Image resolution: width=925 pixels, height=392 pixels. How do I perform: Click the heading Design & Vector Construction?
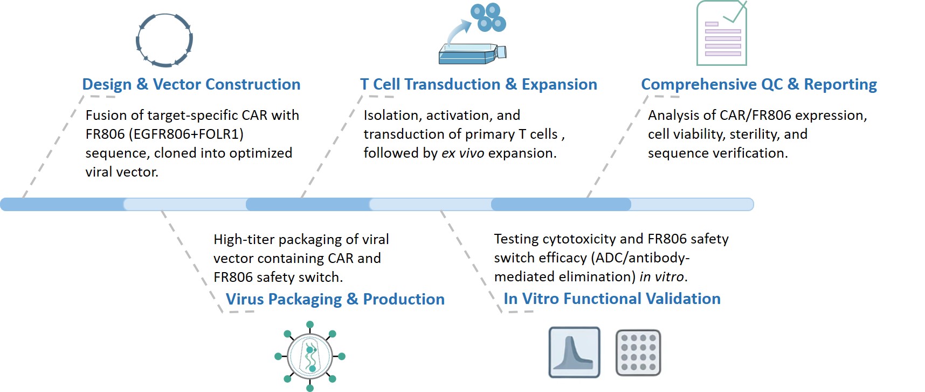coord(191,85)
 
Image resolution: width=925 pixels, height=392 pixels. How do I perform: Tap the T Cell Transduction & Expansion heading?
coord(478,85)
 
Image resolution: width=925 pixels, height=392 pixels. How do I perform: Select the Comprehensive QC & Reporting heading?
coord(758,85)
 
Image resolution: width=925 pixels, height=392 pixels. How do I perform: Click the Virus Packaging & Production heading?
coord(335,299)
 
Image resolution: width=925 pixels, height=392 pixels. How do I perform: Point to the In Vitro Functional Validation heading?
coord(612,299)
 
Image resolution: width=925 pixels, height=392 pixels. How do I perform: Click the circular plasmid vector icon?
coord(164,40)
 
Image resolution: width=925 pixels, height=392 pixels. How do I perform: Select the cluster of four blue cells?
coord(488,17)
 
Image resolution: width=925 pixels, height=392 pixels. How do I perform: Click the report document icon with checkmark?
coord(722,33)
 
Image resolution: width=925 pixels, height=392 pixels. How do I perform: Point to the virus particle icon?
coord(309,356)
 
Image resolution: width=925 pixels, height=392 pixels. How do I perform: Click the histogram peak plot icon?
coord(574,352)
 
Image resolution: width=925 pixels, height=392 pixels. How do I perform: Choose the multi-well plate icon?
coord(638,353)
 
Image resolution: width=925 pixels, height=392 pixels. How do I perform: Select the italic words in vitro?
coord(662,277)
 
